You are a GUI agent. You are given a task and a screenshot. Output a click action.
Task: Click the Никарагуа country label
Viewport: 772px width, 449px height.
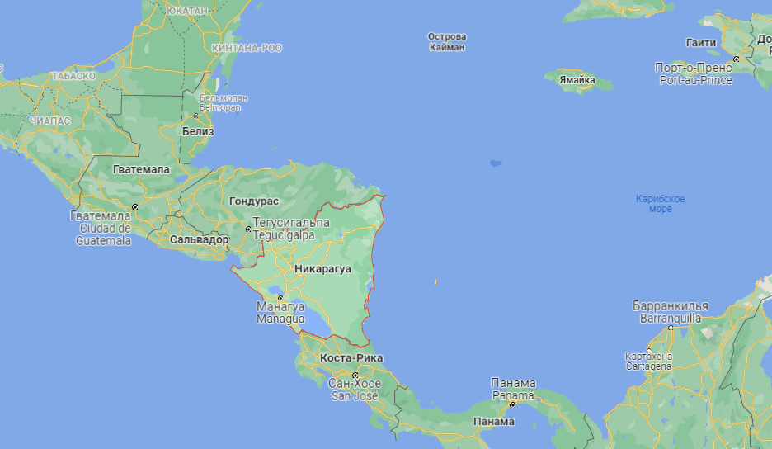[x=322, y=269]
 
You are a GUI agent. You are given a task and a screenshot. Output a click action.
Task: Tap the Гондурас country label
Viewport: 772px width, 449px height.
[x=254, y=201]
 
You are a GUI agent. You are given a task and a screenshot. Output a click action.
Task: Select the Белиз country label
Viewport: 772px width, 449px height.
[x=199, y=131]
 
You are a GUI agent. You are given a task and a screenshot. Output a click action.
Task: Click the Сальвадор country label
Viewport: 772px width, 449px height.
[x=199, y=239]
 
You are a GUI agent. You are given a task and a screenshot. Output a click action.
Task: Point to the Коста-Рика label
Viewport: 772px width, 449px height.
[x=351, y=358]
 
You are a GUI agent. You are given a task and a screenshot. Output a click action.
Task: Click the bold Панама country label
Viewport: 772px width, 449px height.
[x=495, y=422]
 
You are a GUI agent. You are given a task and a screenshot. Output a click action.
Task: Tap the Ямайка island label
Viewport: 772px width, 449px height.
[x=577, y=80]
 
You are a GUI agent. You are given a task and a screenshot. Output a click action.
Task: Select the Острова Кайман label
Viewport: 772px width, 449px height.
[x=448, y=42]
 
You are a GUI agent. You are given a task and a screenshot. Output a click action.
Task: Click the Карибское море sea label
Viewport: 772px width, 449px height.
[x=660, y=204]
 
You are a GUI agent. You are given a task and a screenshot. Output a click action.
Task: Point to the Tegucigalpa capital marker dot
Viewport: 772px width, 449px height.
[x=248, y=229]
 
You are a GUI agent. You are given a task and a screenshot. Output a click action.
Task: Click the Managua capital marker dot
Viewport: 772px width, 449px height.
[x=280, y=298]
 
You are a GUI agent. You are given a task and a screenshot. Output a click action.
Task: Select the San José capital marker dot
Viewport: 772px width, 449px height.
[x=355, y=376]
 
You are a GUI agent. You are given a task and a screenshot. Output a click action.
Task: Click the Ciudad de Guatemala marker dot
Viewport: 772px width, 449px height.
[x=134, y=206]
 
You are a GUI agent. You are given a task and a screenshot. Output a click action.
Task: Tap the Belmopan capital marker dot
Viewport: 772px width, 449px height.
[x=195, y=116]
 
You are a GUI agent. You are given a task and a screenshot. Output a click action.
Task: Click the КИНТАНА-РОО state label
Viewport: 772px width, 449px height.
[x=247, y=49]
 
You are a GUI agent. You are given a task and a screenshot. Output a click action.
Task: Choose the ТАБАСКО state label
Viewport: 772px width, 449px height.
[x=73, y=76]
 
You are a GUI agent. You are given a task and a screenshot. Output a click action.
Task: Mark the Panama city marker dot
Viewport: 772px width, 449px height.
[x=512, y=404]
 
